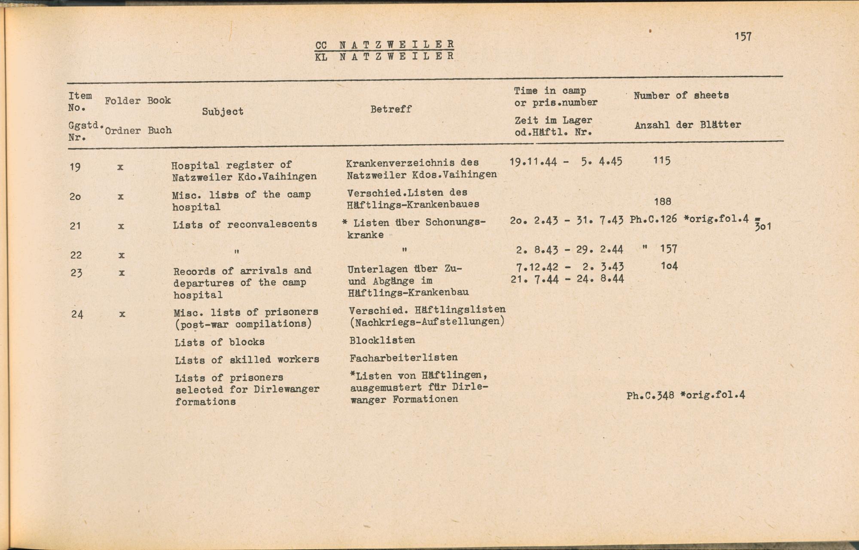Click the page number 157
(x=743, y=36)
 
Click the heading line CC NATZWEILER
(x=384, y=45)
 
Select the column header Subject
(x=222, y=112)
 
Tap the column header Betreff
(x=391, y=109)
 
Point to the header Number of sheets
(x=681, y=95)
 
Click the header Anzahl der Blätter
(x=688, y=125)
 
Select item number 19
(x=75, y=167)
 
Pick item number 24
(x=77, y=314)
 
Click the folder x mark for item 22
(x=122, y=255)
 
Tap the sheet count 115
(x=661, y=161)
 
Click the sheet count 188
(x=663, y=201)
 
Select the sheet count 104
(x=669, y=266)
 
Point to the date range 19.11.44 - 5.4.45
(x=566, y=162)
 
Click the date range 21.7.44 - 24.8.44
(x=567, y=279)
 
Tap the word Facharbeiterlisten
(x=403, y=358)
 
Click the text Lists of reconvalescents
(x=245, y=224)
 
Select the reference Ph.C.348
(x=650, y=395)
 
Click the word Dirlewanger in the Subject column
(x=286, y=389)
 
